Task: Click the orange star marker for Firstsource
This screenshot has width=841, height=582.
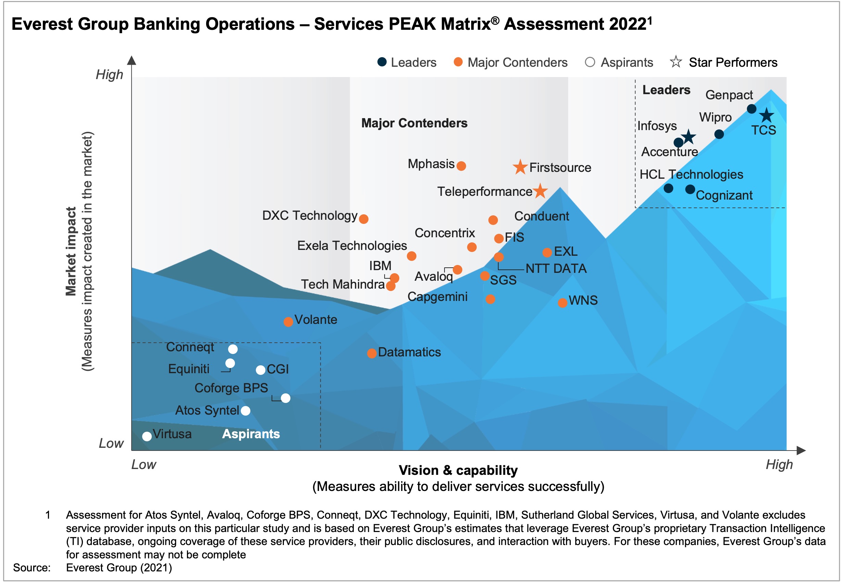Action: point(520,167)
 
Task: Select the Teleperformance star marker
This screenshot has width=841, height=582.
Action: point(540,191)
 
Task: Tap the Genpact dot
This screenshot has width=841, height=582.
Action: point(751,109)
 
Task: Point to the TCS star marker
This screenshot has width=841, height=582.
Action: point(767,116)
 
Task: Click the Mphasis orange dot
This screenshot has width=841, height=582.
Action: point(461,166)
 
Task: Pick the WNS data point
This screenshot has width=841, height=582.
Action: point(562,303)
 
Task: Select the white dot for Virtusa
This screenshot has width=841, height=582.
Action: point(147,436)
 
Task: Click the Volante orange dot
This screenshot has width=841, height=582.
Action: point(288,321)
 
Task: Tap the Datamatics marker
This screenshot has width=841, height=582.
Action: point(372,353)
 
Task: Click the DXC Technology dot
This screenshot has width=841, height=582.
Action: point(364,219)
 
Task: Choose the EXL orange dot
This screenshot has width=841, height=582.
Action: point(547,252)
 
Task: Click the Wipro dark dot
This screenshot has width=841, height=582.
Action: point(719,134)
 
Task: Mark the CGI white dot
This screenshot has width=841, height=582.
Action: point(260,370)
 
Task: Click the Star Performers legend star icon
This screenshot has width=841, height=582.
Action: point(676,62)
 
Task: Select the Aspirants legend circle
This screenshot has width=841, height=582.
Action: point(590,62)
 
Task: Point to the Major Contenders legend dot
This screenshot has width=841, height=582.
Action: point(458,62)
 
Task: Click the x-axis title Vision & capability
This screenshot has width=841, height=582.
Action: point(458,470)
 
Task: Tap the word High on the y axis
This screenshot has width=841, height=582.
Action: point(110,75)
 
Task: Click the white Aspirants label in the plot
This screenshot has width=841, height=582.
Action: point(251,434)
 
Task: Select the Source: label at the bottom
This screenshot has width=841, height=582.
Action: point(32,568)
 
